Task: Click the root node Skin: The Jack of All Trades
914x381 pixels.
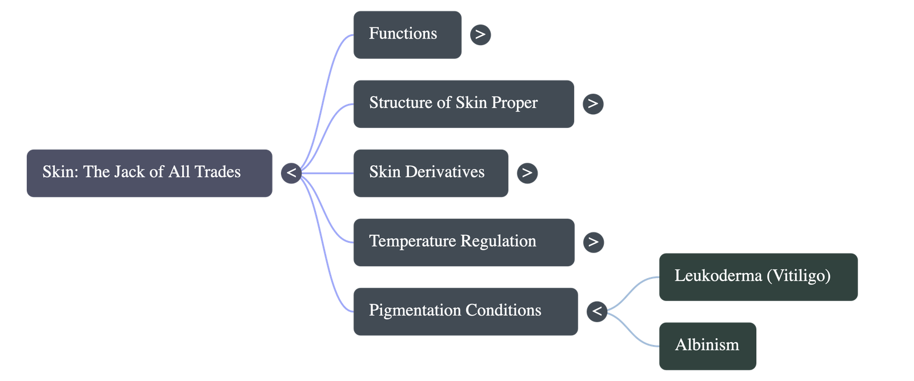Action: pyautogui.click(x=149, y=173)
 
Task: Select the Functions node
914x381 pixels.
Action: pyautogui.click(x=407, y=34)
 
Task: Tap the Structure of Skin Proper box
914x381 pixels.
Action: pyautogui.click(x=463, y=103)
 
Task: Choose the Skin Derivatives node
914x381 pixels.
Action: pyautogui.click(x=430, y=173)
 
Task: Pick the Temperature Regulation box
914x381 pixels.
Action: pyautogui.click(x=463, y=242)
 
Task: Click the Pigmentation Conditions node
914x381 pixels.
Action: pyautogui.click(x=465, y=311)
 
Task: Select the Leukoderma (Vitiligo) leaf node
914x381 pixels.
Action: pyautogui.click(x=757, y=276)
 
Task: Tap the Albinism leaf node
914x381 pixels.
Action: pyautogui.click(x=707, y=346)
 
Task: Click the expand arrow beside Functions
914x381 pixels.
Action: pyautogui.click(x=480, y=34)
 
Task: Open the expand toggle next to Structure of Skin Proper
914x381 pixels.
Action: pyautogui.click(x=593, y=103)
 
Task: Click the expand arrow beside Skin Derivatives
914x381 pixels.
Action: pyautogui.click(x=527, y=173)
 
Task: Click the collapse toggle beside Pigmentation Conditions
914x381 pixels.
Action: pyautogui.click(x=597, y=311)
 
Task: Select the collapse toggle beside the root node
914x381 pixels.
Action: pyautogui.click(x=291, y=173)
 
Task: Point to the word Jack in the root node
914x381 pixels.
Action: pyautogui.click(x=129, y=172)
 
